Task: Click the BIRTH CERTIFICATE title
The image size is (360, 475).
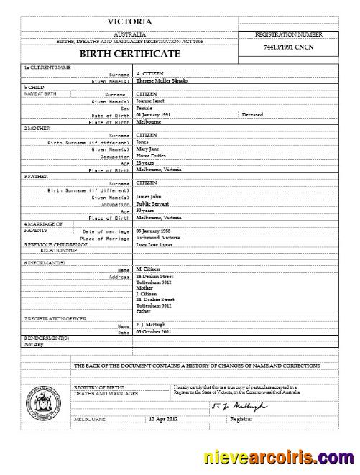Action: (x=129, y=54)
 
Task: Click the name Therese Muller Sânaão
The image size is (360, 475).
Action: (x=163, y=81)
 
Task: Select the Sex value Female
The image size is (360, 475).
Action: (x=147, y=108)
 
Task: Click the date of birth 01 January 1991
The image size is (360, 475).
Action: (x=154, y=115)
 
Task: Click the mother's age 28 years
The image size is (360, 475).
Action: (x=147, y=163)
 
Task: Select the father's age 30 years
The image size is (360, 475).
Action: (x=147, y=211)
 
